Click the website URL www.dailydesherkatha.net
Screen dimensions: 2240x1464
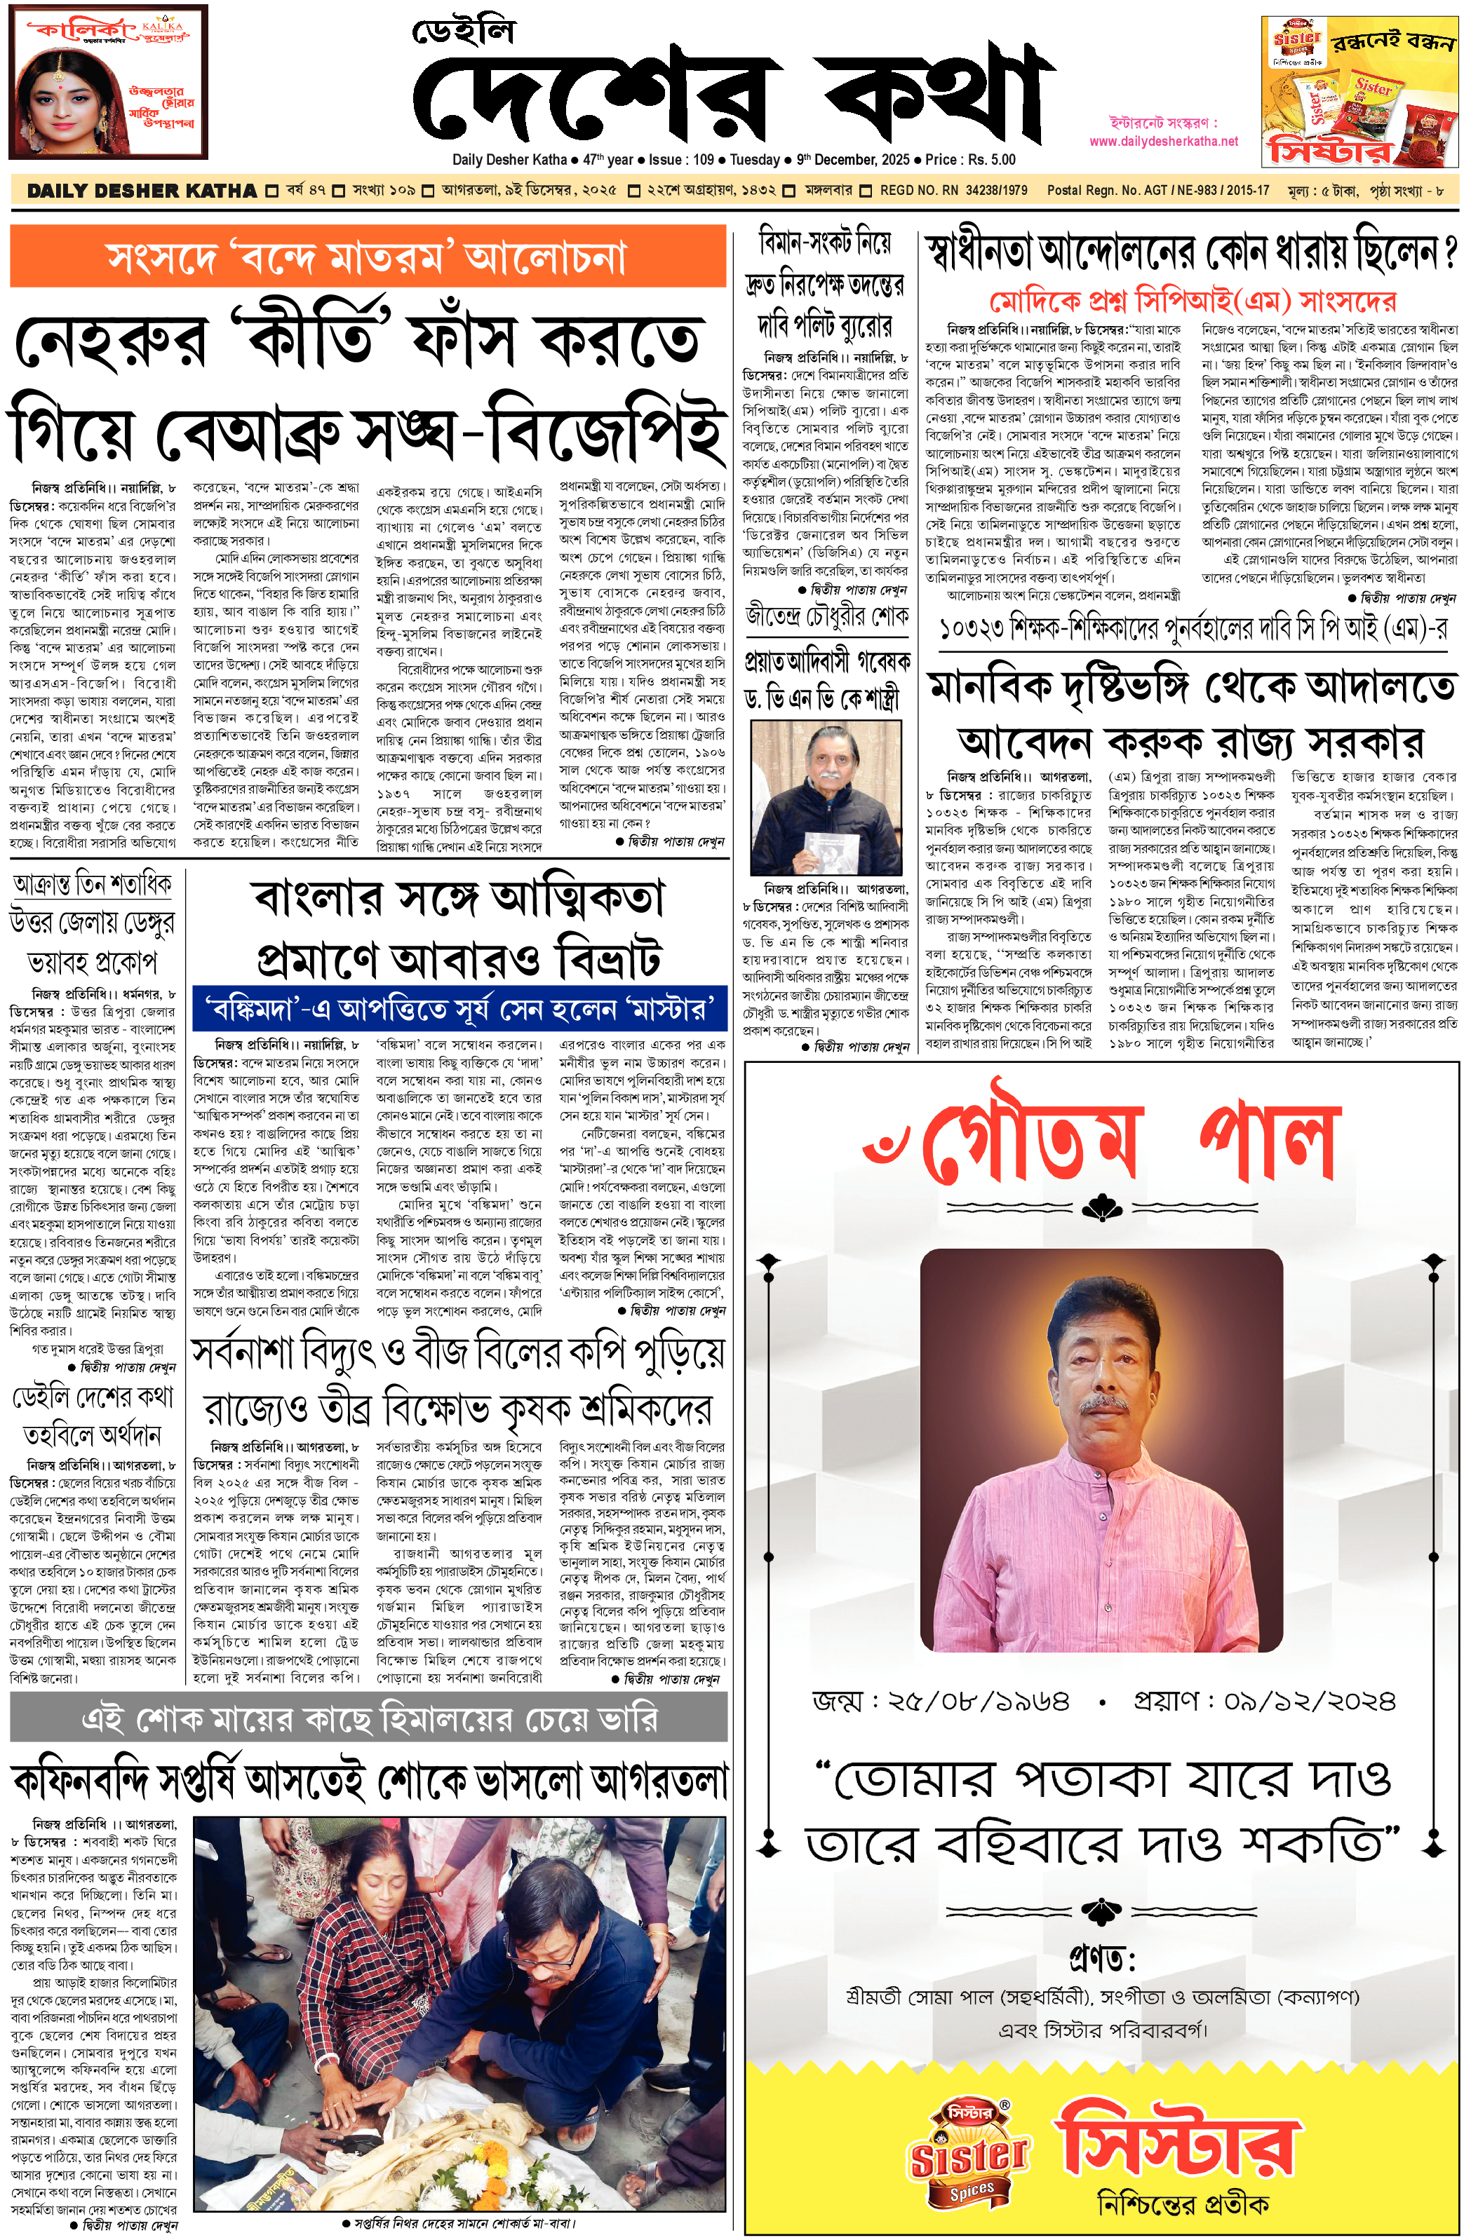click(x=1164, y=141)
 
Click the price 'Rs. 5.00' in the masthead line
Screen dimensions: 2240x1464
click(x=988, y=160)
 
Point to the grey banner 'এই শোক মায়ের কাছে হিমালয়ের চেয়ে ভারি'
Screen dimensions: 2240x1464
click(x=369, y=1720)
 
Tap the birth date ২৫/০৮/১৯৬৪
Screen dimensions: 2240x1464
click(x=941, y=1701)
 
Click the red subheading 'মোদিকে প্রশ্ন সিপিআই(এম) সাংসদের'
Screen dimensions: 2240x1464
click(x=1192, y=301)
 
